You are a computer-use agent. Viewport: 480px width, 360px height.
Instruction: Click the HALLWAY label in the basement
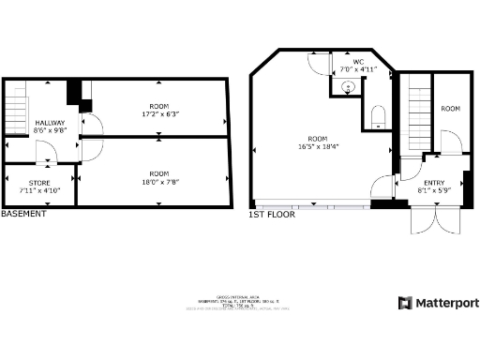pyautogui.click(x=51, y=124)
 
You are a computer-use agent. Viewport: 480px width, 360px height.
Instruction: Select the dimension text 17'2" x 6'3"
pyautogui.click(x=158, y=113)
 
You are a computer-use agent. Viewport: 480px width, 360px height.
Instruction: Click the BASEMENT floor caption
pyautogui.click(x=23, y=214)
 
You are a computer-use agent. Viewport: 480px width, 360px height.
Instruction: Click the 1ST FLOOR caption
pyautogui.click(x=272, y=215)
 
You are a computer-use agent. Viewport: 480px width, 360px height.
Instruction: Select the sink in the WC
pyautogui.click(x=349, y=87)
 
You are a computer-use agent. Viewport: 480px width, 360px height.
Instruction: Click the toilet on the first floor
pyautogui.click(x=379, y=115)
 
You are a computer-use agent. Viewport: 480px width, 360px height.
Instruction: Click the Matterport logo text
pyautogui.click(x=445, y=303)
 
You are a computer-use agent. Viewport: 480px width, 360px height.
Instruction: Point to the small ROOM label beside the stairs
pyautogui.click(x=451, y=109)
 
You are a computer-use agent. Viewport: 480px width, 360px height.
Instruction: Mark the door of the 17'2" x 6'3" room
pyautogui.click(x=91, y=124)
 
